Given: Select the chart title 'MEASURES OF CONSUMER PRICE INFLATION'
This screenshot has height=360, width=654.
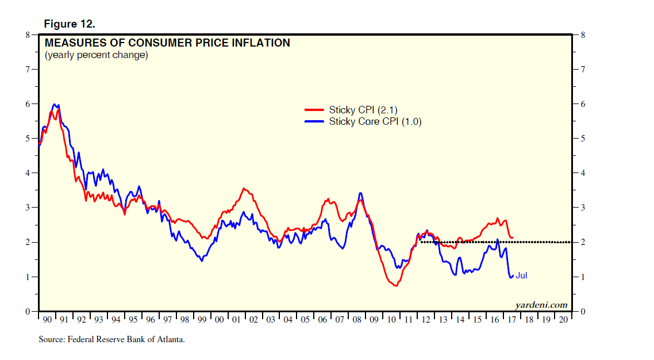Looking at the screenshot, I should (x=167, y=43).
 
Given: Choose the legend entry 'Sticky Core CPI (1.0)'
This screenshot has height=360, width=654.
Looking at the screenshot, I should (x=375, y=121).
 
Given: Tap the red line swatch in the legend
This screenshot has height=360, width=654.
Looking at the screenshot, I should (x=314, y=110).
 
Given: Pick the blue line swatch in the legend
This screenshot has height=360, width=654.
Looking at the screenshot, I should (x=314, y=121).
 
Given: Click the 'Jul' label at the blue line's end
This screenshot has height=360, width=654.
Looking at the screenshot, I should (x=521, y=276).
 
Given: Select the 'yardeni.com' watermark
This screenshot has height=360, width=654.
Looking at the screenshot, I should (x=541, y=305).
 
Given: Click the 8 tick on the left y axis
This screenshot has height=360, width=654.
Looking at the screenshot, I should (x=27, y=35).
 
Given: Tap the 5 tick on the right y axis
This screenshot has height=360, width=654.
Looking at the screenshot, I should (x=583, y=139).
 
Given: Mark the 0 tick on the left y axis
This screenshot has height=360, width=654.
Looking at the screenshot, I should (x=27, y=312).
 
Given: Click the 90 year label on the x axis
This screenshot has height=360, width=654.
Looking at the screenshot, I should (x=47, y=320).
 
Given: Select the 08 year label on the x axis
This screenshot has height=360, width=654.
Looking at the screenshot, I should (x=357, y=320).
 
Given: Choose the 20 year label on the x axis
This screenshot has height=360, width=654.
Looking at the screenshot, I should (x=563, y=320).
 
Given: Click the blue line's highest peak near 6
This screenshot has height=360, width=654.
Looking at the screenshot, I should (x=55, y=105).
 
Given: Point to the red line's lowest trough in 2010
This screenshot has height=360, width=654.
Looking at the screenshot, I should (x=395, y=285).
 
